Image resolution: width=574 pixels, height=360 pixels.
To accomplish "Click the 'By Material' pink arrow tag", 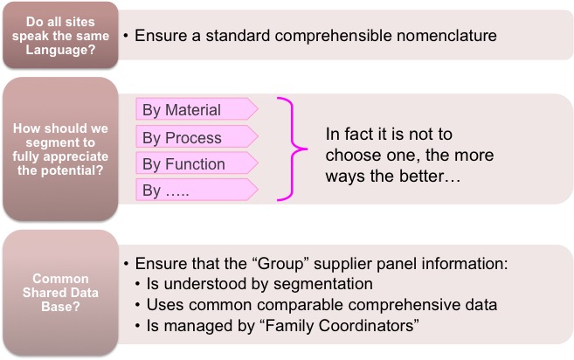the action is (197, 108).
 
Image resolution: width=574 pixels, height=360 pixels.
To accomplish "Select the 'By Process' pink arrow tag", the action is (197, 136).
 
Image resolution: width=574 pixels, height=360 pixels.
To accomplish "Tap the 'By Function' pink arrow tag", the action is (197, 163).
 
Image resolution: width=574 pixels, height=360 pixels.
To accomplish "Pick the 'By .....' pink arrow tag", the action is (197, 190).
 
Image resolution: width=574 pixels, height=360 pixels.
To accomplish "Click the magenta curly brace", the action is (293, 149).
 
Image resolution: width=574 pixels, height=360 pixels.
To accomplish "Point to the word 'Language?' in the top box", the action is (60, 50).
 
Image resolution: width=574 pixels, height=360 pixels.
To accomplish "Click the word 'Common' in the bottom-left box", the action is (60, 279).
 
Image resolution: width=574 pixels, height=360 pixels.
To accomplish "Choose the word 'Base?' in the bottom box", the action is (60, 306).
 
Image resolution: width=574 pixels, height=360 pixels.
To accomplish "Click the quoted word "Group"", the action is (281, 264).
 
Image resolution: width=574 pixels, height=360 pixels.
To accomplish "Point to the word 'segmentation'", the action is (323, 284).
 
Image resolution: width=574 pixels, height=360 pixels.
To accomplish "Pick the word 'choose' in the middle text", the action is (349, 155).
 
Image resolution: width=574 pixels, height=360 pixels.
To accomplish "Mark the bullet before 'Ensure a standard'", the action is (126, 36).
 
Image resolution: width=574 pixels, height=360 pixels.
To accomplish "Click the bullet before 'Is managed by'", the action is (138, 326).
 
